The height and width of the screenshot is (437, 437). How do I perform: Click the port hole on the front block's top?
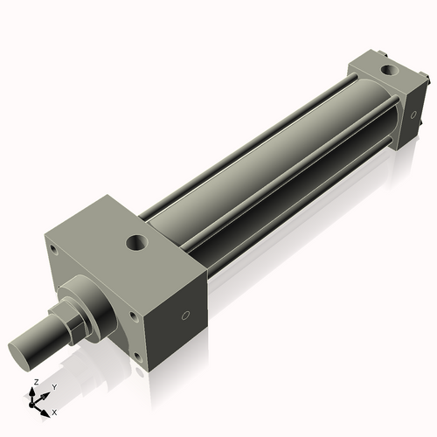tap(137, 241)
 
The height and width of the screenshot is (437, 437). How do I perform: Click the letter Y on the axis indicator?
tap(53, 386)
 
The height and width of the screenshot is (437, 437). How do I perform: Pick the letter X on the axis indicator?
tap(54, 411)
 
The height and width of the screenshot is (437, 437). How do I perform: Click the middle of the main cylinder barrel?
tap(262, 166)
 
